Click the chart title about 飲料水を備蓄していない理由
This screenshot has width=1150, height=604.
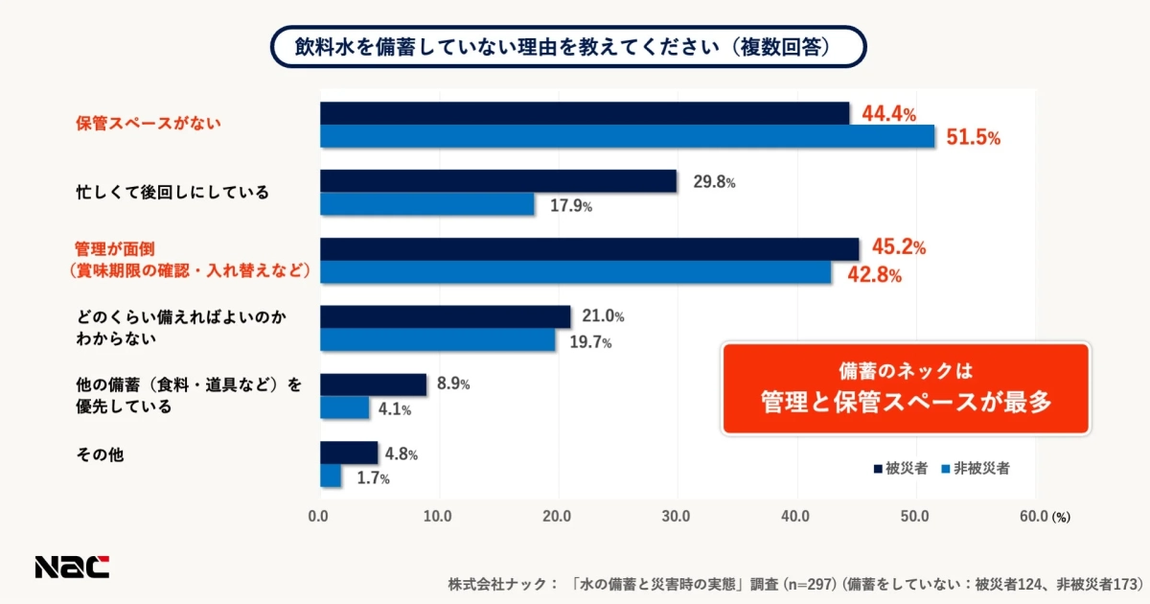568,46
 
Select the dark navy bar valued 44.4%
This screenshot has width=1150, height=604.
585,113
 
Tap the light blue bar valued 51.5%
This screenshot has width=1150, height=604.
627,136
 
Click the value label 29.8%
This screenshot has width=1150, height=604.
714,182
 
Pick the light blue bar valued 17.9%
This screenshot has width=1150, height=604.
426,204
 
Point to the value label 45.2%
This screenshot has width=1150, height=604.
893,248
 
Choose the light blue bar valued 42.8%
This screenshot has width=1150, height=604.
575,272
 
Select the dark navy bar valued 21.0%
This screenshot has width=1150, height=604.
445,316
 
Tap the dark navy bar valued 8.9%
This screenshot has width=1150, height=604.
373,384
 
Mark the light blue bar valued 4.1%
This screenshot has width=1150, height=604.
344,407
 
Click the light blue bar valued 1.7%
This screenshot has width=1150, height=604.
330,476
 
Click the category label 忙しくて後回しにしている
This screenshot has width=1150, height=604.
172,192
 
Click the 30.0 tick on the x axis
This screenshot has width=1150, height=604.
677,516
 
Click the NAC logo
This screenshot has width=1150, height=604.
72,567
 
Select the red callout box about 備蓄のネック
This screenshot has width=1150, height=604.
905,387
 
